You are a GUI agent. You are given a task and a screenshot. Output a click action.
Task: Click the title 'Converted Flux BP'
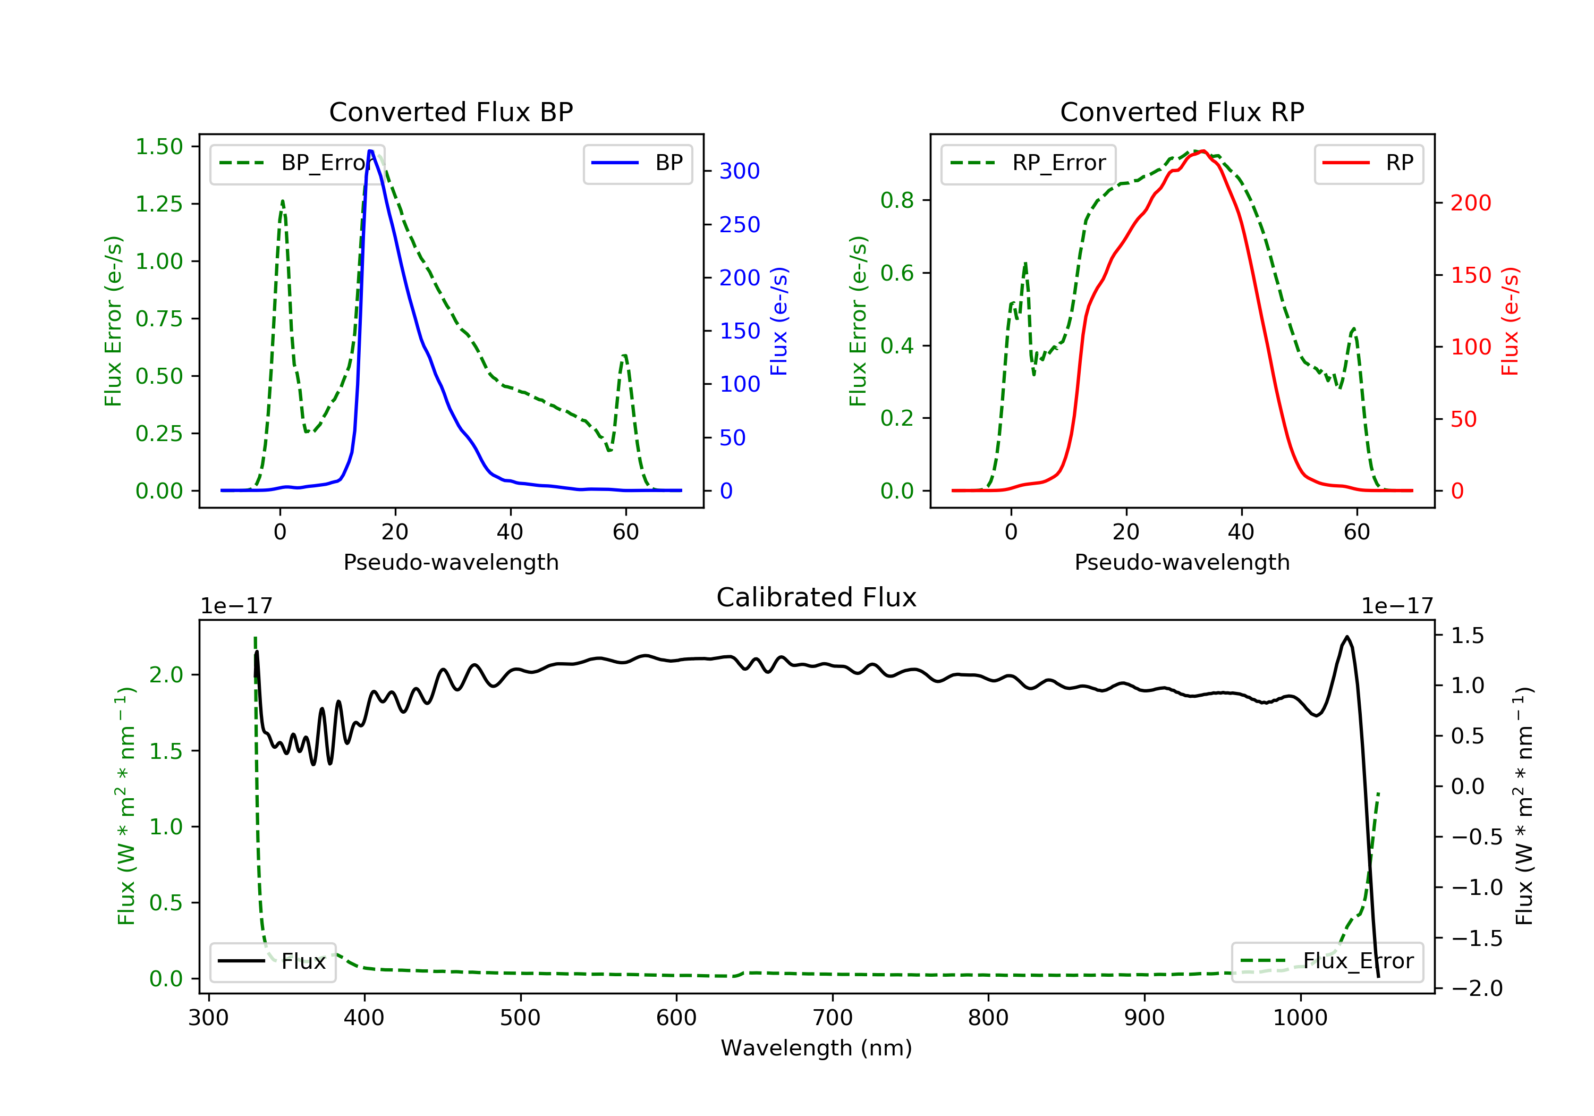tap(451, 112)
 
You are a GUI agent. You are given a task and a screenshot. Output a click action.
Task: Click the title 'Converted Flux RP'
tap(1182, 112)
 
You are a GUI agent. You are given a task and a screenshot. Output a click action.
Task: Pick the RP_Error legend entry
tap(1028, 163)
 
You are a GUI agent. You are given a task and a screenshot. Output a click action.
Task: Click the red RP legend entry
tap(1368, 163)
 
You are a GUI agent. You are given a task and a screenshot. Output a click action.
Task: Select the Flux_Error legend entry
tap(1327, 961)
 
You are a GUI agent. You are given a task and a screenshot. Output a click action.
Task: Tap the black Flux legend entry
tap(273, 961)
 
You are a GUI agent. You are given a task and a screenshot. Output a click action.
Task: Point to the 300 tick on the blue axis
tap(740, 171)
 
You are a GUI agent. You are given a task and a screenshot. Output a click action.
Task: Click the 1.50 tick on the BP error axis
tap(159, 147)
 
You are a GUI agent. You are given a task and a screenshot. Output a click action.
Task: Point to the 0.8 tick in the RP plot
tap(897, 200)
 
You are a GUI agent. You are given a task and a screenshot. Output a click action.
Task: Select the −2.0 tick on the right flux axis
tap(1477, 988)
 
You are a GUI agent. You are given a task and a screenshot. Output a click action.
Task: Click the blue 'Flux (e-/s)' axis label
tap(779, 321)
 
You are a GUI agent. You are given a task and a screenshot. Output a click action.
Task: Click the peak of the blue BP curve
tap(371, 151)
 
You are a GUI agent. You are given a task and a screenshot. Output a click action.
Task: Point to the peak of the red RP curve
tap(1202, 151)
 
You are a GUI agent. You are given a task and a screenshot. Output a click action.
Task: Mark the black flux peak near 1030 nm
tap(1347, 636)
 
